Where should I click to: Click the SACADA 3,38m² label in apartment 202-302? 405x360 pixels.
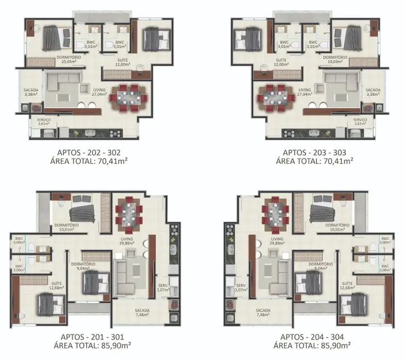(30, 92)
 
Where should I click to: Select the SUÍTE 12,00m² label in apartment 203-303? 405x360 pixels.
(281, 62)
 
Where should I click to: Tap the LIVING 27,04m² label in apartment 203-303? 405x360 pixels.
(304, 92)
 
